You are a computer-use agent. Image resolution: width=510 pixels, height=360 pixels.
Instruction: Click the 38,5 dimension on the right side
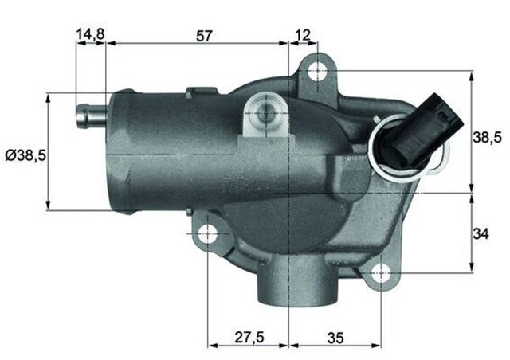(488, 137)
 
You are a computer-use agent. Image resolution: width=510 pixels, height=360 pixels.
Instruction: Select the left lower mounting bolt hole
(208, 234)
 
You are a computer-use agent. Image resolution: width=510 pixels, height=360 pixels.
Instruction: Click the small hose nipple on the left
(89, 116)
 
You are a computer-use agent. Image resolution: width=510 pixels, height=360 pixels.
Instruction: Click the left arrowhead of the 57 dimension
(109, 44)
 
